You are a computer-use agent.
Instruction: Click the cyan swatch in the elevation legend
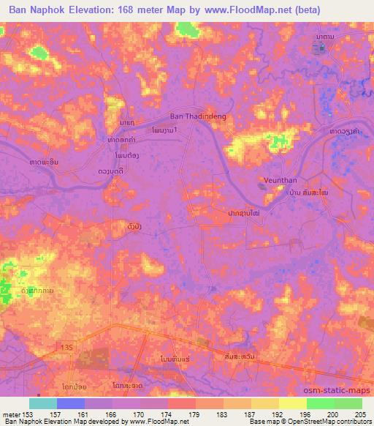[x=43, y=403]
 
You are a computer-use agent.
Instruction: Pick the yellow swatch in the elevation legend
[x=264, y=403]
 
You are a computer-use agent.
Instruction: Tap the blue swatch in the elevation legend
[x=71, y=403]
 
